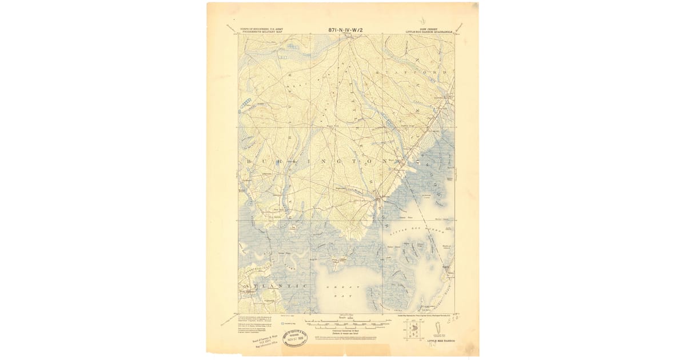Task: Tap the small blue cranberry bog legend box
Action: coord(302,322)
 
